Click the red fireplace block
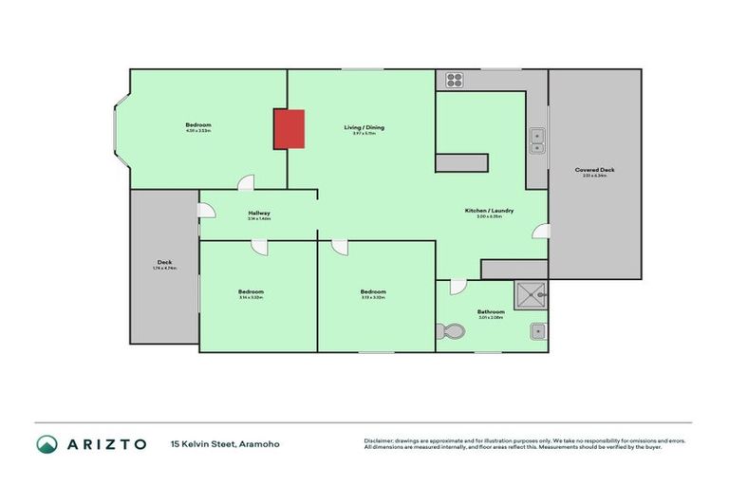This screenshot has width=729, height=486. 289,129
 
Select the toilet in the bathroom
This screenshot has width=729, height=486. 451,332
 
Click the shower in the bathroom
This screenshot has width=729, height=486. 531,297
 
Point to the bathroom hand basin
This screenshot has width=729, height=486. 537,332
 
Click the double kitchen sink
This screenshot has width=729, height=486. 537,140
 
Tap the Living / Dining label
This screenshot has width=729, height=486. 364,127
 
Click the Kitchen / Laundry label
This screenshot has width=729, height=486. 489,211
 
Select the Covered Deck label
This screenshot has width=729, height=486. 594,170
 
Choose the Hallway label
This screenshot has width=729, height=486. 259,213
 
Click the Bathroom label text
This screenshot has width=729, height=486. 491,311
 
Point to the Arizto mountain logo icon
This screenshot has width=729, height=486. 47,443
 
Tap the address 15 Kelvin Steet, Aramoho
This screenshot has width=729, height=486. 225,443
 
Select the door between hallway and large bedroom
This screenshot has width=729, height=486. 246,183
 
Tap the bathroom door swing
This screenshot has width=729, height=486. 458,286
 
